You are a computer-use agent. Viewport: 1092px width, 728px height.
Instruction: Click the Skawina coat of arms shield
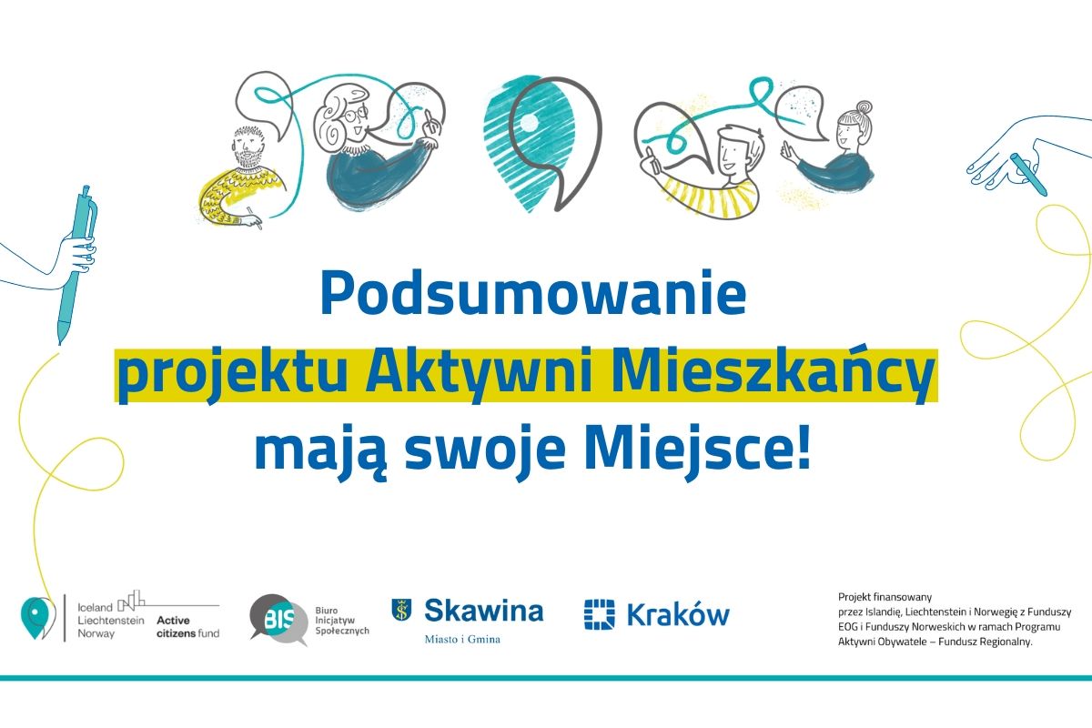click(x=401, y=610)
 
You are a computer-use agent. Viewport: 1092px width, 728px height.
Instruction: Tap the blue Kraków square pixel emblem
click(x=599, y=614)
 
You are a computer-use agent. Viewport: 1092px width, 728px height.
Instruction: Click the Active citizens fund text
click(x=187, y=627)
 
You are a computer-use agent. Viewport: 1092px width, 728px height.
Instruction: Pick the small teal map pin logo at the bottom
click(x=35, y=617)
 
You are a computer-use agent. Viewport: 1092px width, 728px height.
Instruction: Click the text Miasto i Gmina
click(x=462, y=639)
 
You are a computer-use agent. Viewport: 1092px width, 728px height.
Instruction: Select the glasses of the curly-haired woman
click(x=355, y=115)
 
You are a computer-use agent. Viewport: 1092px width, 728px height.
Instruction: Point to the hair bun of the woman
click(x=864, y=107)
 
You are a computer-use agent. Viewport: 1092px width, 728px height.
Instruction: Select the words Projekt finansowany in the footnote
click(x=885, y=597)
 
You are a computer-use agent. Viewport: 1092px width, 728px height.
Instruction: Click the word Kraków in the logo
click(x=678, y=614)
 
